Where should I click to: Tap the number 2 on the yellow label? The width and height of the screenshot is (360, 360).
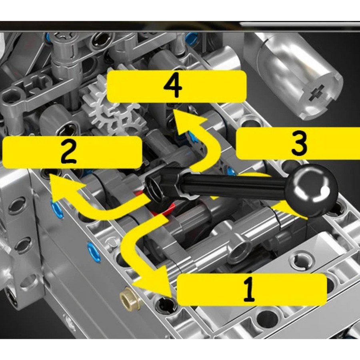point(68,152)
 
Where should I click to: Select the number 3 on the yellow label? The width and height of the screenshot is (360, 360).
point(299,143)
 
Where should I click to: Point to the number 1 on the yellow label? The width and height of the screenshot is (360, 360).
point(249,289)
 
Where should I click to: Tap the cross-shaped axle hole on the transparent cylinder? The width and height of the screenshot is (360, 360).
point(317,93)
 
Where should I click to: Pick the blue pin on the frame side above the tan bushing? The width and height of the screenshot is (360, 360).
point(94,252)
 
